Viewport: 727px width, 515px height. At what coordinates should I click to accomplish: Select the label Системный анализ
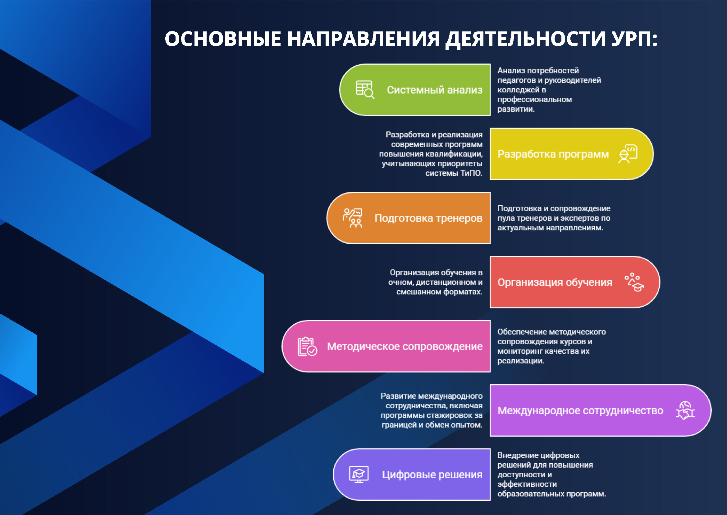pos(434,90)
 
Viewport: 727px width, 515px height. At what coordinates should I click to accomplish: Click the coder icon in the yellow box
pos(628,154)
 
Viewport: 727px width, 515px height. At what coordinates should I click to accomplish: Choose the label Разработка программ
pos(553,154)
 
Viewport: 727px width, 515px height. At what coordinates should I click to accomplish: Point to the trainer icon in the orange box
pos(352,218)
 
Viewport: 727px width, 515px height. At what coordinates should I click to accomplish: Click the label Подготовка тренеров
pos(428,218)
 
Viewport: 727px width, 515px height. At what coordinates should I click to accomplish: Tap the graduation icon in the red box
pos(634,282)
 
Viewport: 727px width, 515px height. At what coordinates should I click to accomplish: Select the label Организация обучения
pos(555,282)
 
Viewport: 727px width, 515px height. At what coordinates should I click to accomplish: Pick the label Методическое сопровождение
pos(405,346)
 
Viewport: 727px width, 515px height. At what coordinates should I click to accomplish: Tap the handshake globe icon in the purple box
pos(685,411)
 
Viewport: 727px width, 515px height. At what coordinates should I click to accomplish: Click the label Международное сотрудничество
pos(580,411)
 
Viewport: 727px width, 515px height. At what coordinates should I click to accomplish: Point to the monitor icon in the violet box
pos(359,475)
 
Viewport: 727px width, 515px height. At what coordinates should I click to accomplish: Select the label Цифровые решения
pos(432,475)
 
